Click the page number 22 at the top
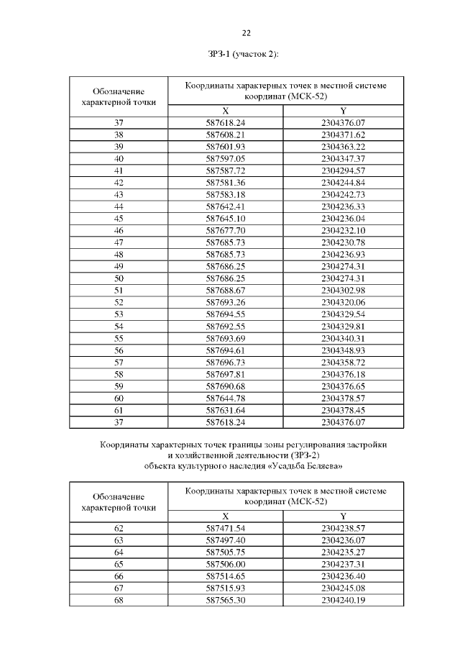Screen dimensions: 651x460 (x=246, y=33)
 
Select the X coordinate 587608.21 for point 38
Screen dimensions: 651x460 (x=226, y=135)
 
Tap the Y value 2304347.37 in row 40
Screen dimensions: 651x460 (x=344, y=158)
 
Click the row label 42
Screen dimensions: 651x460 (x=119, y=183)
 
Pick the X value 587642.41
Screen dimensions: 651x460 (x=226, y=206)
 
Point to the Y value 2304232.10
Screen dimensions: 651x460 (x=344, y=230)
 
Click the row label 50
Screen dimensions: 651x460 (x=119, y=278)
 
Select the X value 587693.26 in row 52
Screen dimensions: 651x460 (x=226, y=302)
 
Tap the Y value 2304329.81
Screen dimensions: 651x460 (x=344, y=326)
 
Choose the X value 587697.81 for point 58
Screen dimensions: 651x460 (x=226, y=374)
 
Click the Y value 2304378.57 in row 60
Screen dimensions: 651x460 (x=344, y=398)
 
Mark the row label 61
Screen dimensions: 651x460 (x=119, y=410)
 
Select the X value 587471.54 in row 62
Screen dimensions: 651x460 (x=226, y=528)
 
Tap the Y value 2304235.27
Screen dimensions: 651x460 (x=344, y=552)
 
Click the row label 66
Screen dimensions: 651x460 (x=119, y=576)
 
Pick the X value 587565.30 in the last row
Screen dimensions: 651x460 (x=226, y=600)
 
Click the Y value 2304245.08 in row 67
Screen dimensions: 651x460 (x=344, y=588)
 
